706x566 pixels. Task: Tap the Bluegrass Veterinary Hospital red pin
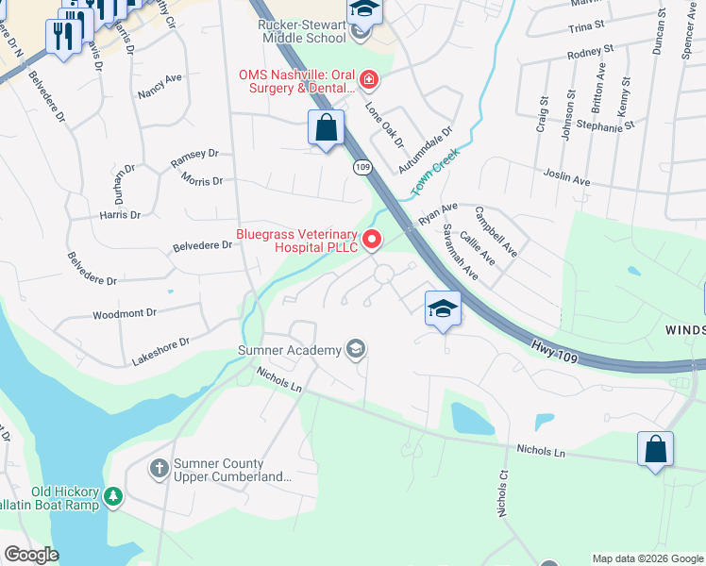pyautogui.click(x=372, y=241)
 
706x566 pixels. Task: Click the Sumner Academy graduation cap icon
pyautogui.click(x=355, y=350)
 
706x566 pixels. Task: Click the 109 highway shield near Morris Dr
pyautogui.click(x=362, y=167)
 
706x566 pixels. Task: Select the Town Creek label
pyautogui.click(x=434, y=173)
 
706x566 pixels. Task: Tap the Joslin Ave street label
pyautogui.click(x=566, y=176)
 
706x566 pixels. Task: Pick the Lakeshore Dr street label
pyautogui.click(x=161, y=342)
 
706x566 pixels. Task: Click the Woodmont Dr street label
pyautogui.click(x=124, y=311)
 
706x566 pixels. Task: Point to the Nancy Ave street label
pyautogui.click(x=159, y=86)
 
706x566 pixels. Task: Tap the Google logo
pyautogui.click(x=31, y=555)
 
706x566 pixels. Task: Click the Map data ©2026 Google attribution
pyautogui.click(x=647, y=558)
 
